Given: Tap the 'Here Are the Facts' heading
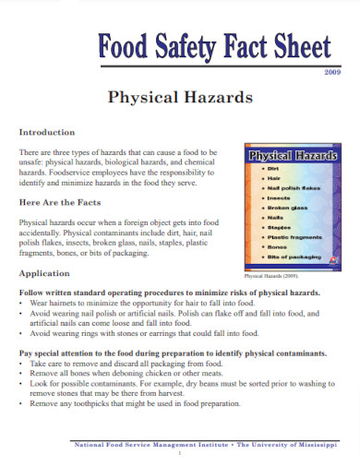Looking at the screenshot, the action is [63, 203].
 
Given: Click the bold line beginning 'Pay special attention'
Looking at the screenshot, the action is [172, 353].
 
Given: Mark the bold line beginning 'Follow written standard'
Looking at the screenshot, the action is [170, 292].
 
